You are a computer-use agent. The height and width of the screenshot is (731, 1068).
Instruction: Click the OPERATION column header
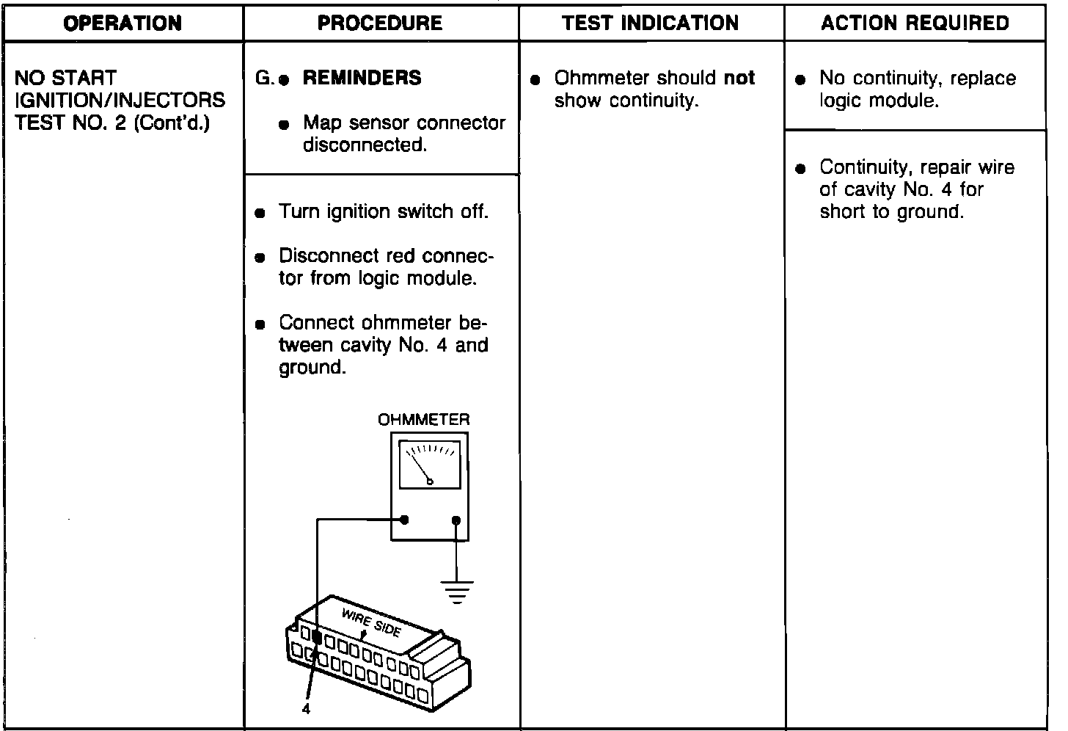pyautogui.click(x=122, y=23)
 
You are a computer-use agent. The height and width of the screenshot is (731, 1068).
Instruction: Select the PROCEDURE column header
pyautogui.click(x=380, y=23)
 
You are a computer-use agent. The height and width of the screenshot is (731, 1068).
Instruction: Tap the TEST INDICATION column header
pyautogui.click(x=651, y=23)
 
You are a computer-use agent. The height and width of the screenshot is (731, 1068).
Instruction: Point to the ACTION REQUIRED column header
pyautogui.click(x=915, y=23)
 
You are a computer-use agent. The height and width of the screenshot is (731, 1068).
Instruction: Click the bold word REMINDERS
pyautogui.click(x=362, y=78)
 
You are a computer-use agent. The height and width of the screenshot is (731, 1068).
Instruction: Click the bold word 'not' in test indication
pyautogui.click(x=739, y=78)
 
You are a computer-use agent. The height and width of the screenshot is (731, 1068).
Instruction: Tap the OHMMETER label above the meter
pyautogui.click(x=423, y=420)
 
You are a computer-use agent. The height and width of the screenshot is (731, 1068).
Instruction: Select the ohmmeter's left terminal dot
pyautogui.click(x=404, y=520)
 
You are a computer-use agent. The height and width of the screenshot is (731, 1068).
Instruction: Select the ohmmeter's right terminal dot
pyautogui.click(x=456, y=520)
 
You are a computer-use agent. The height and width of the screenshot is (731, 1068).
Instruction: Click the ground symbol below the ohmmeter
pyautogui.click(x=457, y=591)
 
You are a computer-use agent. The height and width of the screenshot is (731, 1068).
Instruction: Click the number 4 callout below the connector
pyautogui.click(x=306, y=710)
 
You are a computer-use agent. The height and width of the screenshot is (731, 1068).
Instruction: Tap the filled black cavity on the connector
pyautogui.click(x=317, y=637)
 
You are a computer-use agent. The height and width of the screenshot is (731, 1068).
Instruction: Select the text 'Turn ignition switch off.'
pyautogui.click(x=383, y=212)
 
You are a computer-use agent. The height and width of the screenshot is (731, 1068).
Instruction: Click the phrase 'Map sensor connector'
pyautogui.click(x=404, y=123)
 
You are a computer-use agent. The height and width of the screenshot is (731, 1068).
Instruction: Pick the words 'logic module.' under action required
pyautogui.click(x=879, y=101)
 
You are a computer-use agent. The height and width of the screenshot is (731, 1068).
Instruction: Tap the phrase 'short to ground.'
pyautogui.click(x=891, y=212)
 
